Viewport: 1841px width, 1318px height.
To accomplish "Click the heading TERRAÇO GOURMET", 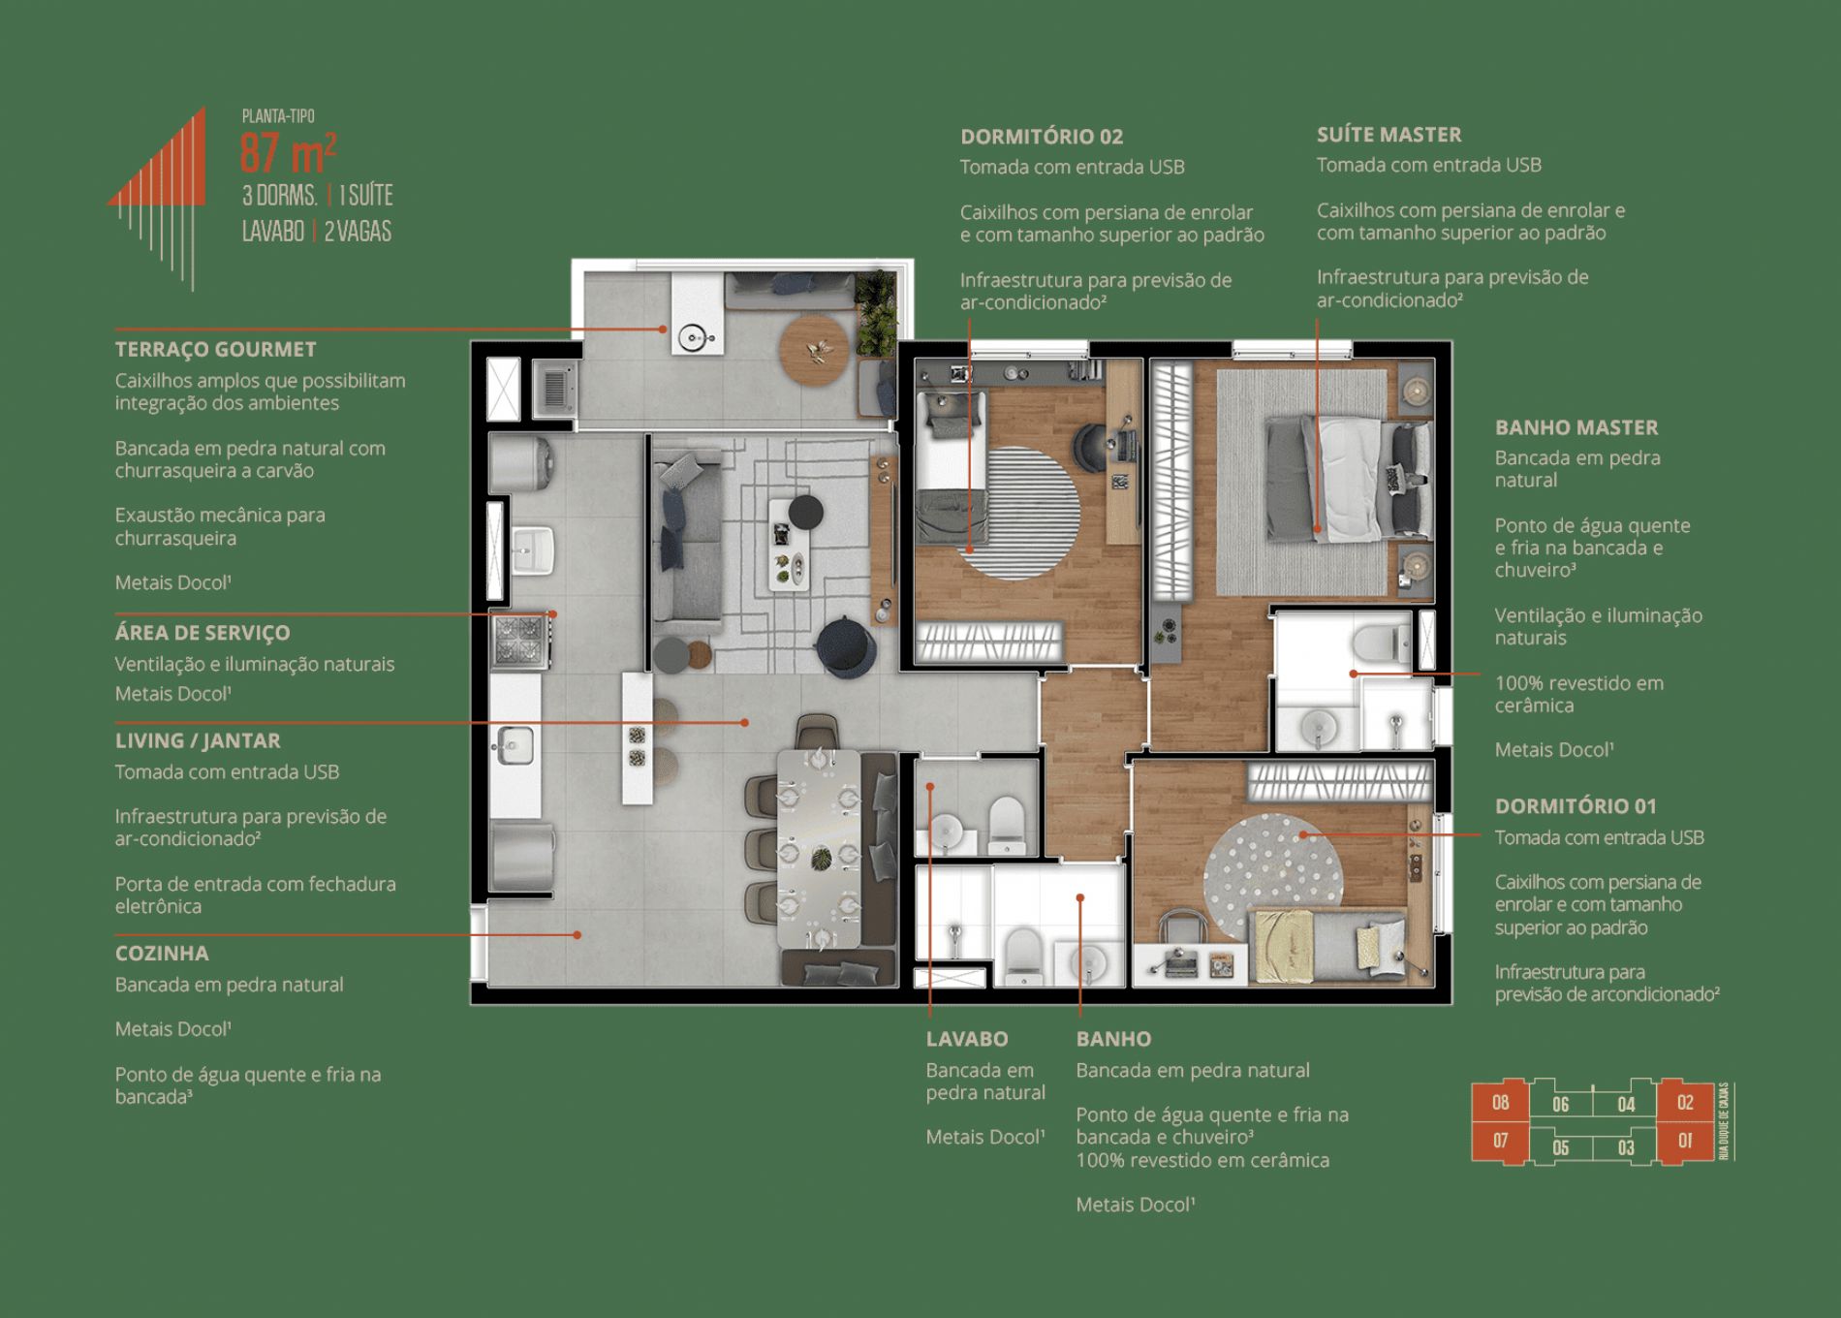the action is [215, 349].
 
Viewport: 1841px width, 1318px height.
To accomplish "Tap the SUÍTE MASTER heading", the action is [1389, 135].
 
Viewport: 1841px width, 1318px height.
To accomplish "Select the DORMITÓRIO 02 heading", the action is [1042, 137].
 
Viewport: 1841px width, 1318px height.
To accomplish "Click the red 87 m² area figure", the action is [288, 151].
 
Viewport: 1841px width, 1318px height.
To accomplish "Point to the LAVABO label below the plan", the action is [967, 1039].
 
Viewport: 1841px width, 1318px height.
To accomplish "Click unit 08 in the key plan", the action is [1500, 1102].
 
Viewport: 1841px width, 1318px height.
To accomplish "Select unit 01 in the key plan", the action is [1685, 1141].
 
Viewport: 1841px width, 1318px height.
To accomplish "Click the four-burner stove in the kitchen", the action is [520, 640].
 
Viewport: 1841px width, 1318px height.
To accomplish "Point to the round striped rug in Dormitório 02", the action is [1017, 514].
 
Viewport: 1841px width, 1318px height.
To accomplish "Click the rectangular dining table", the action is [820, 848].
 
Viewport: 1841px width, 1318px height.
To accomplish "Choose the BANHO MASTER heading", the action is [1576, 427].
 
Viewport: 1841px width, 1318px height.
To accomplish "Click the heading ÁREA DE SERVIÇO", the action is [203, 633].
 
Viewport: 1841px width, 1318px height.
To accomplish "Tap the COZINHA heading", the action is [162, 953].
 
